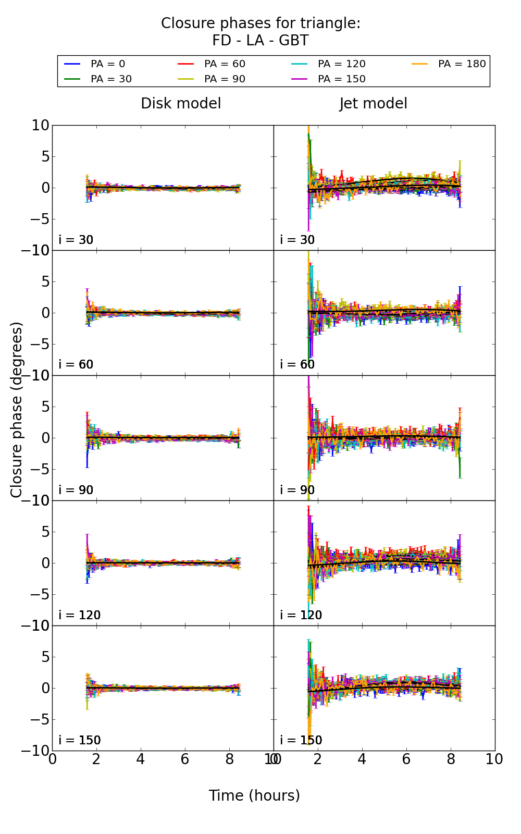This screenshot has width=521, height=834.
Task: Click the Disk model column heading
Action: (x=181, y=104)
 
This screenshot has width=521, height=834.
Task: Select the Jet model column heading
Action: (x=373, y=104)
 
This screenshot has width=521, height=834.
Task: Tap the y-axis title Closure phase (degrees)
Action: (x=17, y=410)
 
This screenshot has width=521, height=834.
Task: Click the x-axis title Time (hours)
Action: (x=254, y=795)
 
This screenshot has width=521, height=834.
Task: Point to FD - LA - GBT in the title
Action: (x=260, y=41)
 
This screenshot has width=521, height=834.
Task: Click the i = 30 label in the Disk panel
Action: (x=76, y=240)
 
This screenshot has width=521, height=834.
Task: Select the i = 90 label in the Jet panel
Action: (x=297, y=490)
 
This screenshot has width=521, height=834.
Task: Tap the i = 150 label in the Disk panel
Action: (x=80, y=740)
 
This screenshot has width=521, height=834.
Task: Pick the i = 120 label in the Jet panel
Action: (x=301, y=615)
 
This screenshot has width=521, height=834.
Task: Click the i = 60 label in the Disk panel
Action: (x=76, y=364)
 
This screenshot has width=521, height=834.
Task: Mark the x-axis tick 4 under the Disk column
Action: (x=141, y=759)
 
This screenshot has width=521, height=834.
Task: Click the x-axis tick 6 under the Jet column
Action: (x=406, y=759)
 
